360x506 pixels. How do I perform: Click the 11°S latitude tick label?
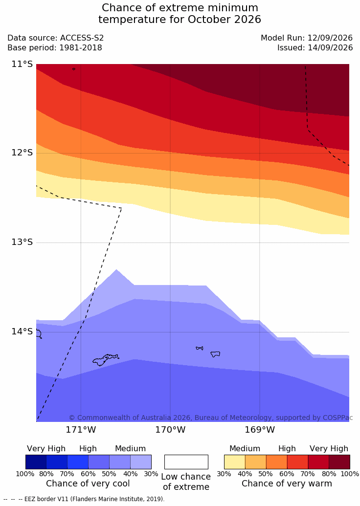point(22,64)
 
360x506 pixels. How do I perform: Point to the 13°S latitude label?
point(22,242)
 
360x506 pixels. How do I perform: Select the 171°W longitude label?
point(81,430)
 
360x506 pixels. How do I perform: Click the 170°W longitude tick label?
point(171,430)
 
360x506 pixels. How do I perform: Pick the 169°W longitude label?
point(260,430)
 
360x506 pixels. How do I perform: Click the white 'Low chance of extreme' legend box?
point(186,462)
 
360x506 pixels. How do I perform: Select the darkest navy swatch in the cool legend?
point(36,462)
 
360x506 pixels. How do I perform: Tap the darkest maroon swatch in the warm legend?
point(339,462)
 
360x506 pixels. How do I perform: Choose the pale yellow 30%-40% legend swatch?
point(234,462)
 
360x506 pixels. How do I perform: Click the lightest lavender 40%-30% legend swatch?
point(141,462)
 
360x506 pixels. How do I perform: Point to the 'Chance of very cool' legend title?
point(88,484)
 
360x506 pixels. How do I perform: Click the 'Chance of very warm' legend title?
point(287,484)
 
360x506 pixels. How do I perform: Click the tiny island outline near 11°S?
point(74,69)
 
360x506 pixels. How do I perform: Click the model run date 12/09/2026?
point(330,38)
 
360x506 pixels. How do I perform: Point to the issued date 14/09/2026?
point(330,48)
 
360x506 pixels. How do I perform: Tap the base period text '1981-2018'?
point(80,48)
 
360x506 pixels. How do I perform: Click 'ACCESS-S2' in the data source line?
point(82,38)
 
